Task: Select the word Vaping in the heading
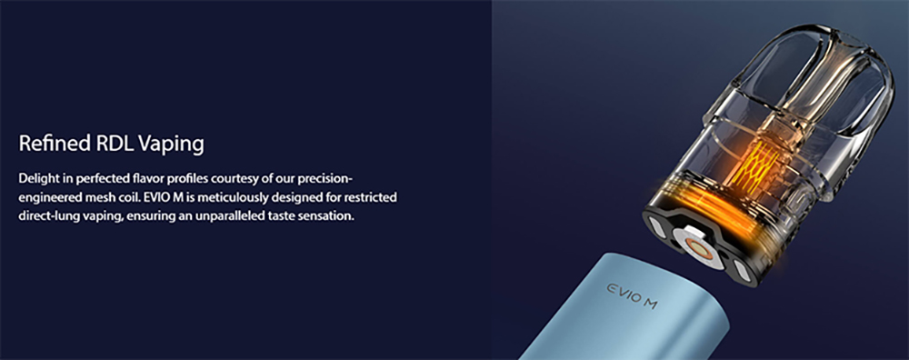(170, 145)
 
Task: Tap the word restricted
(371, 197)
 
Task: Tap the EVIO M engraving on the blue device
(632, 295)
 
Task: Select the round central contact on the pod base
(697, 245)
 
